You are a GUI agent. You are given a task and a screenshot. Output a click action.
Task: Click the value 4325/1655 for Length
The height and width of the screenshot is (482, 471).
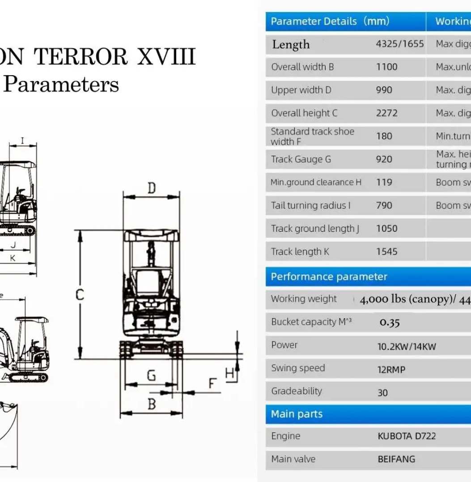coord(399,44)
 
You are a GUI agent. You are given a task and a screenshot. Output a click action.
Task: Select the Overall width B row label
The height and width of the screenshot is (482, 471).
coord(302,67)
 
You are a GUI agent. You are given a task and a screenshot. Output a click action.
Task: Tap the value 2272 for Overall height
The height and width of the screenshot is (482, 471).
coord(386,113)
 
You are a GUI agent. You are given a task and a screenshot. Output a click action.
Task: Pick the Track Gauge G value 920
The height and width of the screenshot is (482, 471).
coord(384,159)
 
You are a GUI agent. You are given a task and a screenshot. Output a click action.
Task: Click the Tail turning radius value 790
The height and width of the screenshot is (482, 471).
coord(384,205)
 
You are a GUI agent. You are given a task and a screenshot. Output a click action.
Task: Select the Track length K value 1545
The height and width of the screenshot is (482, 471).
coord(386,252)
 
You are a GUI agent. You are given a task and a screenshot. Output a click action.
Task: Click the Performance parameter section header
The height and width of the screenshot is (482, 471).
coord(329,277)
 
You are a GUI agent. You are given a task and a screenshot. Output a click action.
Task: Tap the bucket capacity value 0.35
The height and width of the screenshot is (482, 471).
coord(390,323)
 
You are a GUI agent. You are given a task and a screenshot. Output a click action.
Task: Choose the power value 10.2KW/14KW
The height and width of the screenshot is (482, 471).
coord(407,346)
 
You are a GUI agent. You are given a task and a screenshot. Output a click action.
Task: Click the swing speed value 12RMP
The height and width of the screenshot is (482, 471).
coord(391,370)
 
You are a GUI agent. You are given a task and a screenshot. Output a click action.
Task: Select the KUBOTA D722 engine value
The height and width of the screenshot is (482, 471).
coord(407,436)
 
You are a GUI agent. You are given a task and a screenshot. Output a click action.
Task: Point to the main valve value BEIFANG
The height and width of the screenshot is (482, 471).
coord(396,459)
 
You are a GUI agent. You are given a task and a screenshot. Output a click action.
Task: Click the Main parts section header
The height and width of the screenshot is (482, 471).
coord(297,414)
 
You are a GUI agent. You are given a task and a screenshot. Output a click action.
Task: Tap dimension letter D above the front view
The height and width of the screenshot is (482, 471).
coord(152,188)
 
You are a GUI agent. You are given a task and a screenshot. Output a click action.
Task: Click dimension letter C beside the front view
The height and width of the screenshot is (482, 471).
coord(80,295)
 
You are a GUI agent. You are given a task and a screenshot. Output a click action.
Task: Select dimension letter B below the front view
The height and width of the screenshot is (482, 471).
coord(152,405)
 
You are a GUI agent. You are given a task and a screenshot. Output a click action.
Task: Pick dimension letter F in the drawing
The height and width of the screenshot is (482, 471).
coord(212,384)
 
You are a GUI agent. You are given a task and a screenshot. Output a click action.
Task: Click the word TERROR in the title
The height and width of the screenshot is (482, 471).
coord(83,57)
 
